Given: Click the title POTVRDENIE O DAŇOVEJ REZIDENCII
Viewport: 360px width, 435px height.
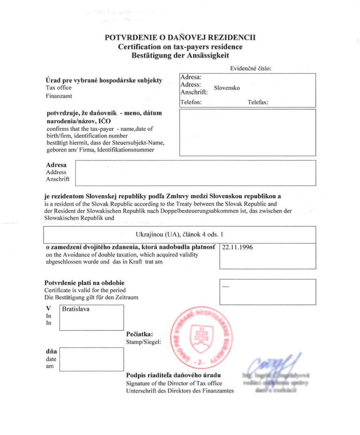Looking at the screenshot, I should coord(180,38).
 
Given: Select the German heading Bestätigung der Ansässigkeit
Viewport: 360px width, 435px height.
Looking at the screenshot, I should coord(180,55).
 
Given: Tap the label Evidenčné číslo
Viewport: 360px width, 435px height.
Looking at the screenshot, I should coord(251,68).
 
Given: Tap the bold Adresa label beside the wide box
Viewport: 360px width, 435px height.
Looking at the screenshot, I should coord(56,165).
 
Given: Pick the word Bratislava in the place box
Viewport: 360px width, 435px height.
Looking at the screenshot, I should coord(76,309).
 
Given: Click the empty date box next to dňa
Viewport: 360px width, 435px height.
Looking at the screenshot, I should coord(91,359).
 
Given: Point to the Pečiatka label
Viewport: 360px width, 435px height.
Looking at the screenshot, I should coord(140,334).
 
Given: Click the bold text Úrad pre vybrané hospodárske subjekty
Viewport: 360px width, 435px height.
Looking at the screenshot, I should coord(104,80).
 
